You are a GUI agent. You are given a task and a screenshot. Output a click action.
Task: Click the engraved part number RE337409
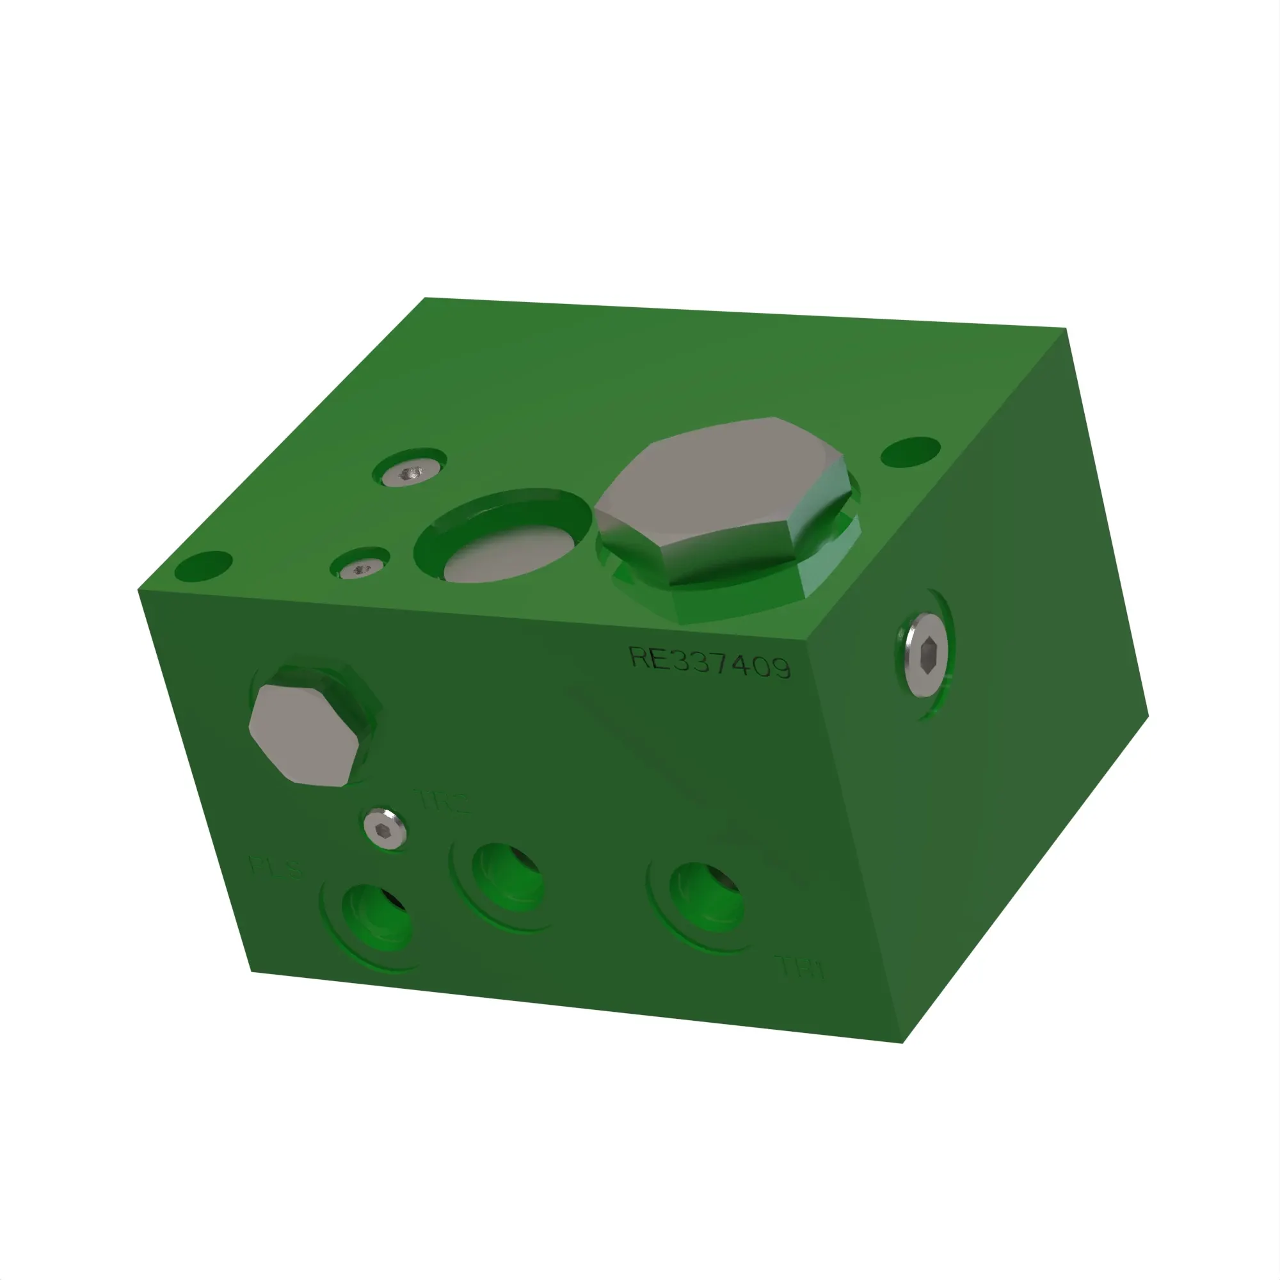tap(709, 662)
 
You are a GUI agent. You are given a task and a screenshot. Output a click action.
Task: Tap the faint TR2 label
tap(444, 801)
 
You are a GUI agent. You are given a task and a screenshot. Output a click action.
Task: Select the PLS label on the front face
tap(276, 867)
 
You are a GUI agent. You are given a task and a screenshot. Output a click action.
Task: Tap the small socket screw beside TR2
tap(384, 828)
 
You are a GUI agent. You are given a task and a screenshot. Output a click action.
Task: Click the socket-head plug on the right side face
tap(926, 655)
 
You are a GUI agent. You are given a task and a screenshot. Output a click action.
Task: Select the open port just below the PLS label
tap(376, 918)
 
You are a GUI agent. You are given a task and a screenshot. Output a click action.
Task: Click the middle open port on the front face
tap(507, 877)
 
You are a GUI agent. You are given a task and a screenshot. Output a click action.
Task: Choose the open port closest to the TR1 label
tap(705, 897)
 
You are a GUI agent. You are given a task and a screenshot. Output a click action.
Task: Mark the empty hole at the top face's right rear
tap(910, 451)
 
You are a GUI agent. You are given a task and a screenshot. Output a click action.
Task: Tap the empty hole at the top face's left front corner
tap(204, 566)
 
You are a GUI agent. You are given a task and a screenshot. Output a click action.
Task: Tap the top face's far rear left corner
tap(425, 299)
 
